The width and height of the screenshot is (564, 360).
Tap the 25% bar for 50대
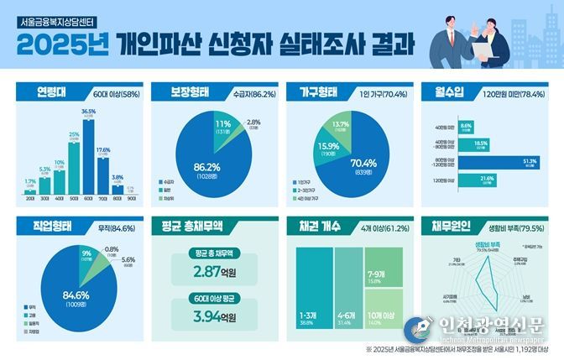tap(74, 166)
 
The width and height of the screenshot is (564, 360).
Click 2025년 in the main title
tap(55, 48)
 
